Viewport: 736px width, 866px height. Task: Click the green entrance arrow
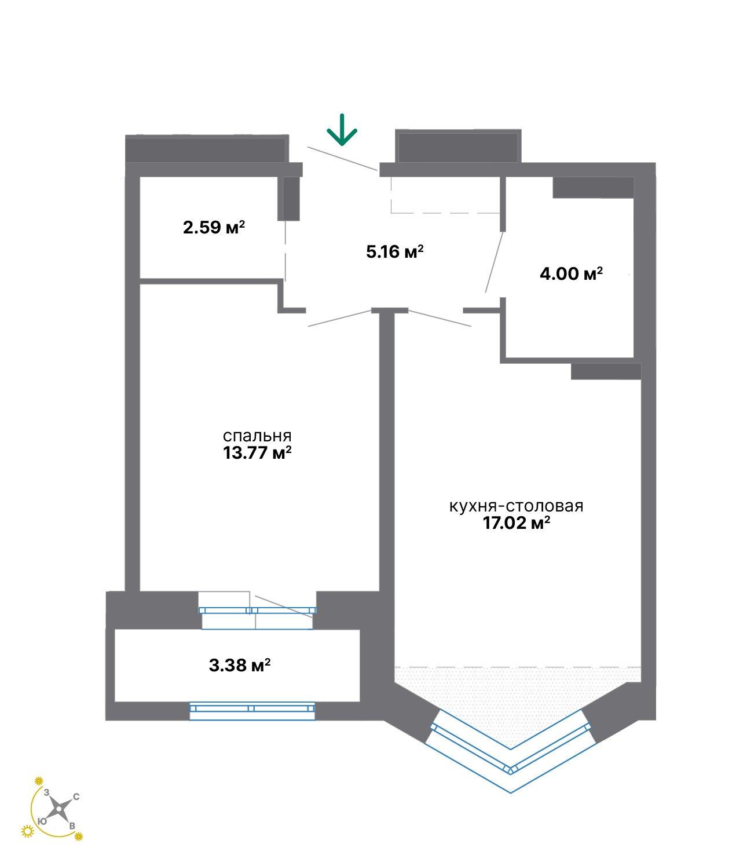342,130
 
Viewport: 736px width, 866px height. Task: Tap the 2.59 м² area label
214,227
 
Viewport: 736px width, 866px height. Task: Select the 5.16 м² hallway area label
394,251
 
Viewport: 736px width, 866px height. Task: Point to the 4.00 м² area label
571,273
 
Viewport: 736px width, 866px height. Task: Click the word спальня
257,436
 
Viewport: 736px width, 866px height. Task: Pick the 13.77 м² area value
257,453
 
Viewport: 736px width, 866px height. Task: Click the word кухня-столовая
516,506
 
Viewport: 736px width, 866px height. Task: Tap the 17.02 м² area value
516,523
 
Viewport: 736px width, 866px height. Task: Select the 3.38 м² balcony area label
239,665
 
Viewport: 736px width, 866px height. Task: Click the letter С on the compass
76,796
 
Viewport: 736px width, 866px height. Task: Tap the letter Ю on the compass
42,821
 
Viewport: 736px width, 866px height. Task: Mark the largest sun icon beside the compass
27,831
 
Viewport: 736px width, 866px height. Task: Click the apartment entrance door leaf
342,158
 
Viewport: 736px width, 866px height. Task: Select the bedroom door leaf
340,319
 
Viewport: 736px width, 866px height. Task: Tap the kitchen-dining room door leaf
440,318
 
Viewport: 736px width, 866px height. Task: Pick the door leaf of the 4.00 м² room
494,262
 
